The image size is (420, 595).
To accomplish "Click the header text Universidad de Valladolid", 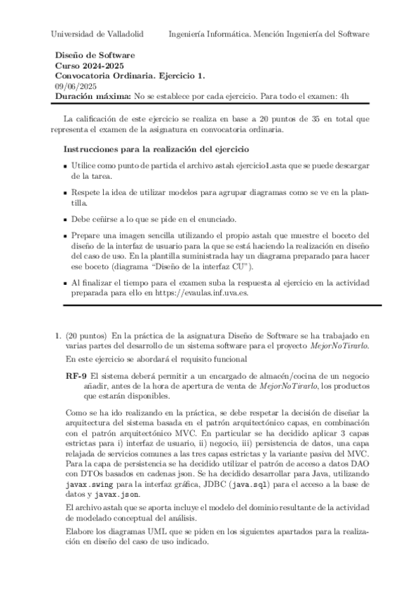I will pos(97,34).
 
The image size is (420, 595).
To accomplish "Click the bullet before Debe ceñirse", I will pos(67,220).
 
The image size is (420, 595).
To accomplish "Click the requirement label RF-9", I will pos(76,376).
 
